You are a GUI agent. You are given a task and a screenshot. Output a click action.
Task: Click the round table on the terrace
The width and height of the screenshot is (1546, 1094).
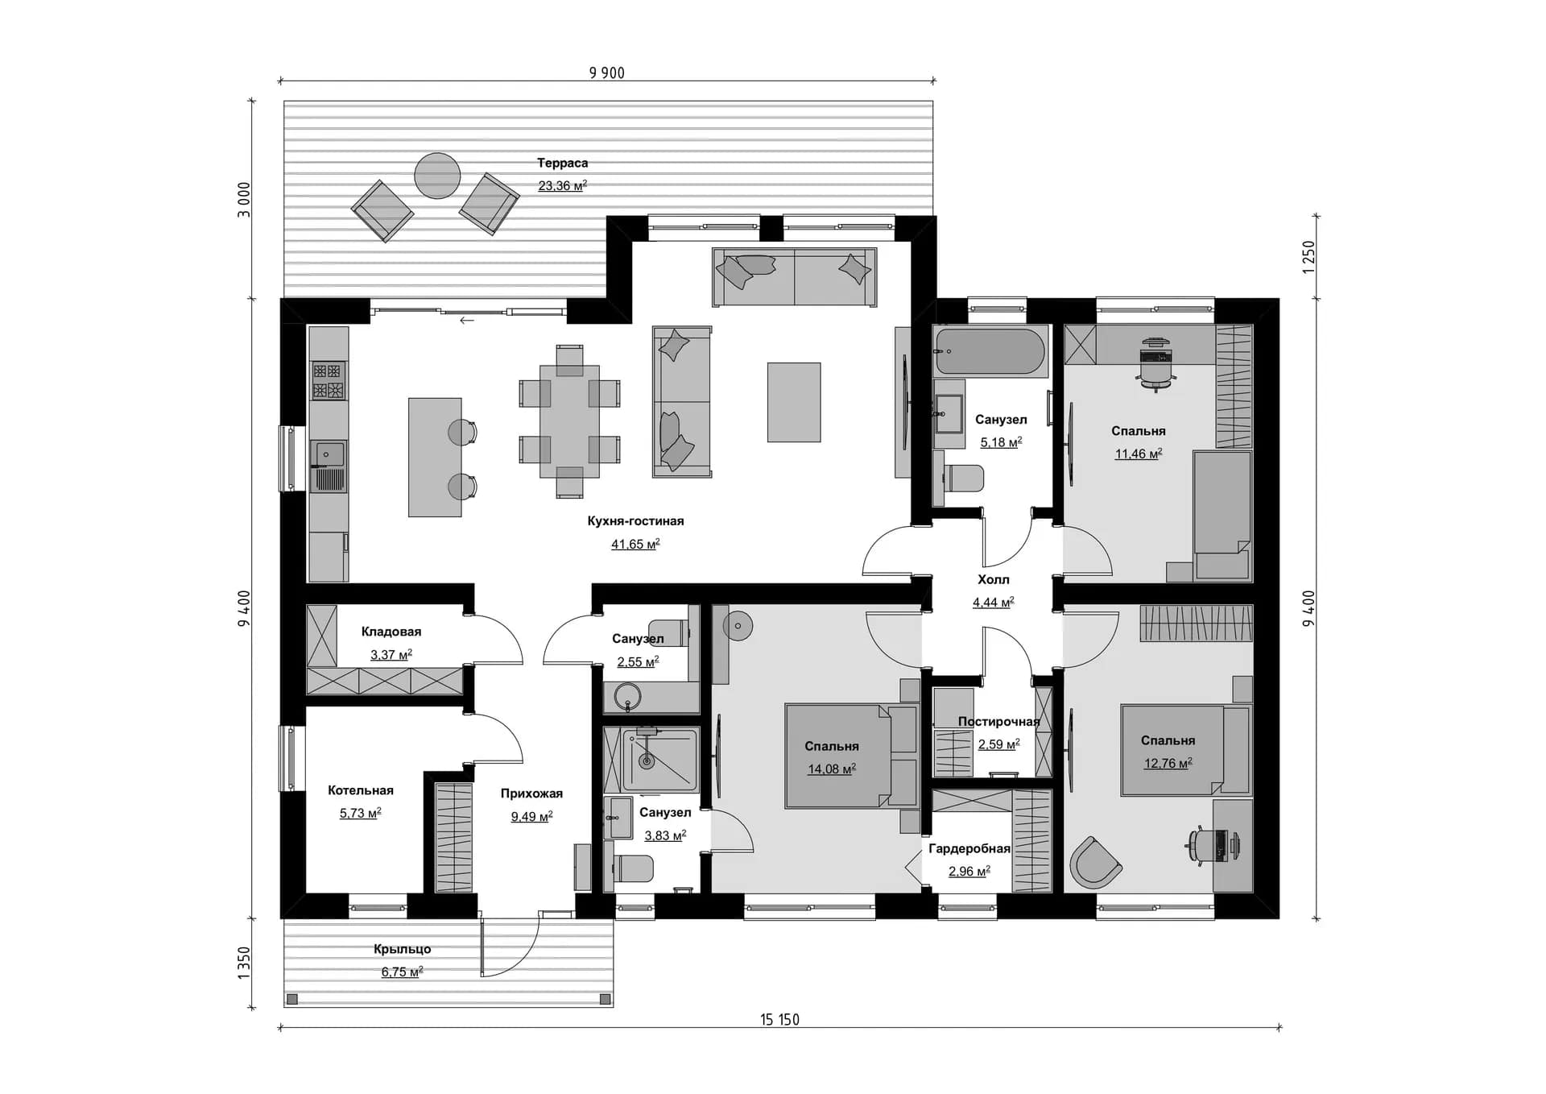437,176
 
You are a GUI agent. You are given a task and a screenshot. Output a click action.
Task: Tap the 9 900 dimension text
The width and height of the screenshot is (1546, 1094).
607,73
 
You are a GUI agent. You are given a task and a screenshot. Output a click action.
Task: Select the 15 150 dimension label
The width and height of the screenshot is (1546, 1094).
779,1020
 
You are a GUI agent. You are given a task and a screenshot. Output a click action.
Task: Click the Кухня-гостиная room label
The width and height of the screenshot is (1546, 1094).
635,521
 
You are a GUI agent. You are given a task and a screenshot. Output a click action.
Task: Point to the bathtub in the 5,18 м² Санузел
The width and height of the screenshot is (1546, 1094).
990,351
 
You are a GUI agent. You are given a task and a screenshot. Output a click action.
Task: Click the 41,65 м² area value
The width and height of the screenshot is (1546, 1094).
635,545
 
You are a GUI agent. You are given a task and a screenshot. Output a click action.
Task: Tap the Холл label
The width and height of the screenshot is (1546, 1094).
993,579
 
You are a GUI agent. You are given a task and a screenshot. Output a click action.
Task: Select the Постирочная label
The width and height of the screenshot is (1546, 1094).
998,722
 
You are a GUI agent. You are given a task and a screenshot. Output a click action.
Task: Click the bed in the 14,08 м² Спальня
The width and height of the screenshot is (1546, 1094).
851,756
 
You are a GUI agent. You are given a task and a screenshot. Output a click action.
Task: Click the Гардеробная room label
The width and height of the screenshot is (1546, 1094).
969,848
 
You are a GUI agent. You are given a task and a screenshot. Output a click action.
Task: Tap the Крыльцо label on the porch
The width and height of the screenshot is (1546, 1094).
402,949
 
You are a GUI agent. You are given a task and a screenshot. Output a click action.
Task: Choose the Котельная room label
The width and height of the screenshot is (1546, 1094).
361,790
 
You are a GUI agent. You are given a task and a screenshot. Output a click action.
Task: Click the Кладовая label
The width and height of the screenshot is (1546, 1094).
391,632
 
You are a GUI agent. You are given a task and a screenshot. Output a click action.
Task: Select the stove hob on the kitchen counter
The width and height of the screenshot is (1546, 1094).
328,380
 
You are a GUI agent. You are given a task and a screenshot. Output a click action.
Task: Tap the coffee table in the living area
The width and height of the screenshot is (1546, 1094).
794,402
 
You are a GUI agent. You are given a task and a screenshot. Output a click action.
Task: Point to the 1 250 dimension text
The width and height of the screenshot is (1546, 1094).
1308,257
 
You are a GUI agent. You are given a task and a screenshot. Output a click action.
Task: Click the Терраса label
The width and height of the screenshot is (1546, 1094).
562,163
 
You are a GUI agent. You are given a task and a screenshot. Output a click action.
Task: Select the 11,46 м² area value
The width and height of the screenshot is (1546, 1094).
1138,454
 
